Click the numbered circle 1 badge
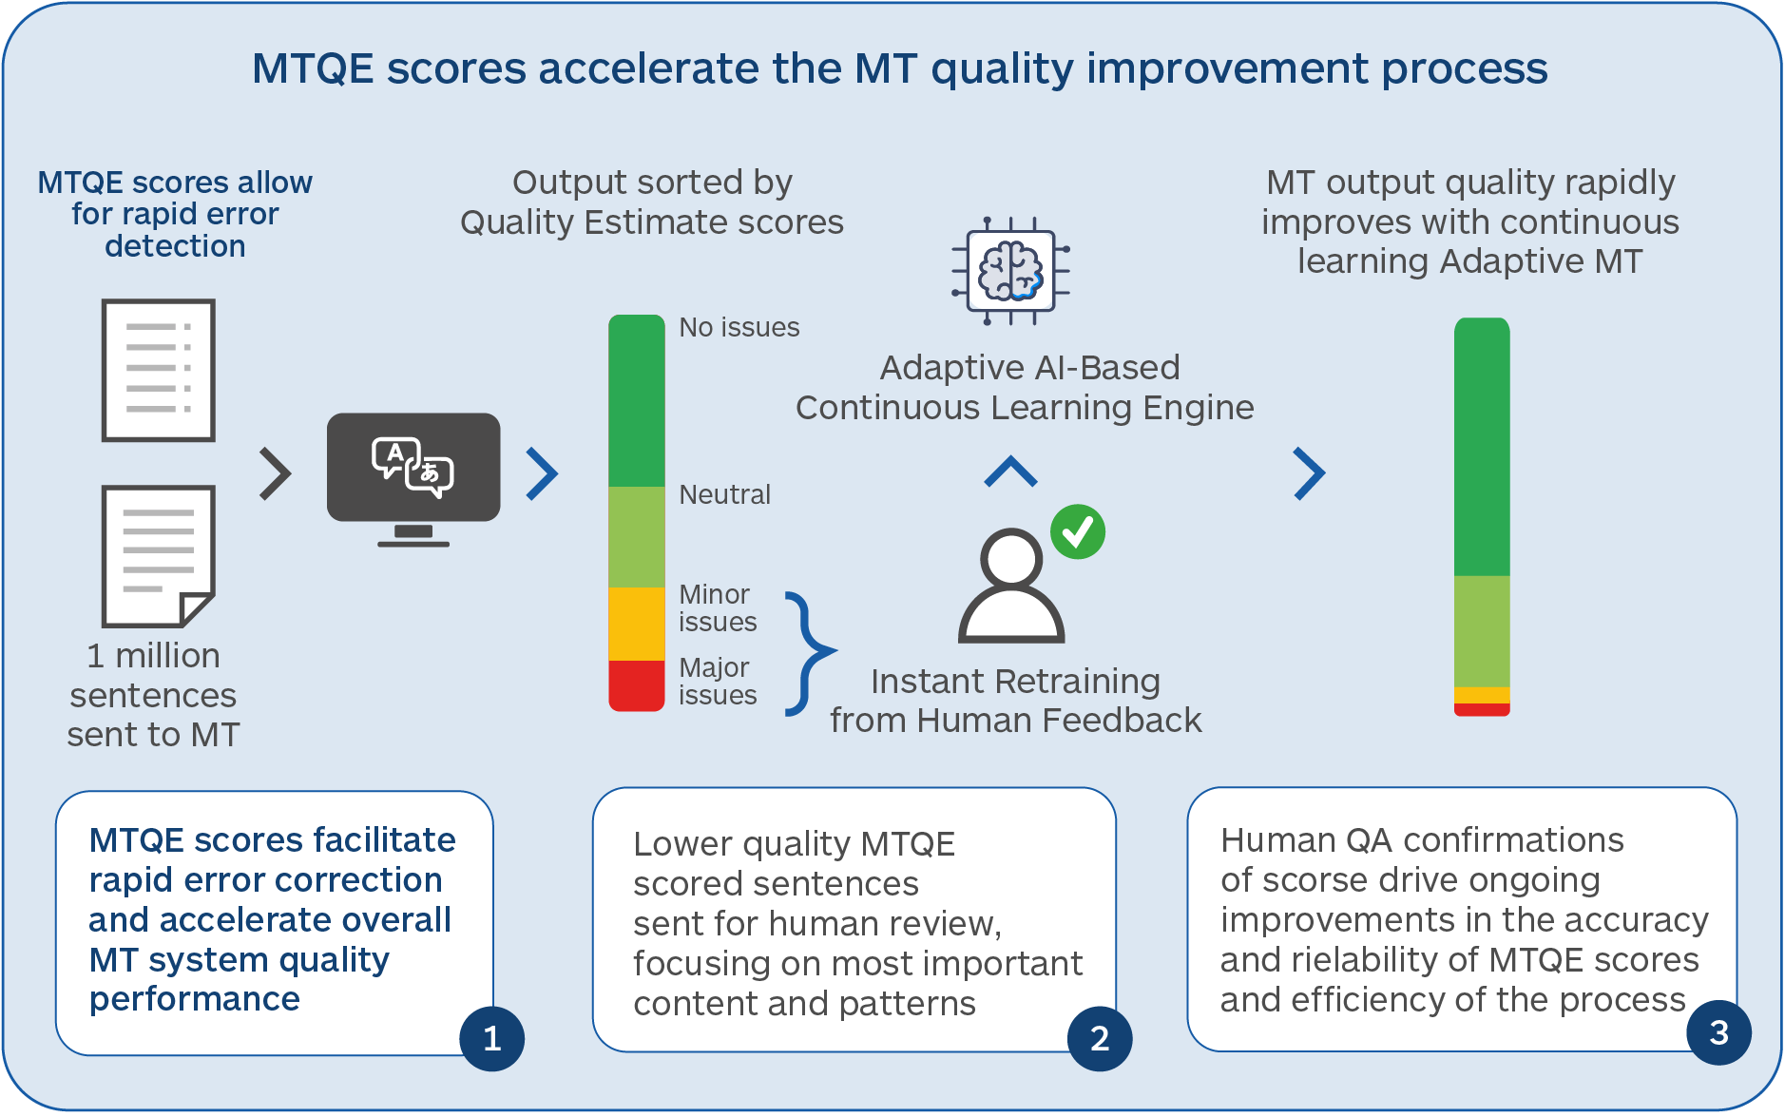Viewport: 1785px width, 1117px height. [491, 1038]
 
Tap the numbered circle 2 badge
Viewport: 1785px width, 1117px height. [1100, 1038]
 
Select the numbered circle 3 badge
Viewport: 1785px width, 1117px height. [1718, 1032]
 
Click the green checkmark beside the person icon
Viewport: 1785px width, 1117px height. [1078, 531]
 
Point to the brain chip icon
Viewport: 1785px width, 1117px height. [1011, 271]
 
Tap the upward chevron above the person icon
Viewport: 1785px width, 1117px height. [1010, 472]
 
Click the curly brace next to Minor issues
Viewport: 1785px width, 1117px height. [807, 653]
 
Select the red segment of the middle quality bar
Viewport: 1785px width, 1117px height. [636, 685]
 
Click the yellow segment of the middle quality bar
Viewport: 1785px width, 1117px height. [636, 624]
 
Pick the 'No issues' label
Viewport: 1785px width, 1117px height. [739, 327]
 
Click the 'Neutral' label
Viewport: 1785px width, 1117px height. [724, 494]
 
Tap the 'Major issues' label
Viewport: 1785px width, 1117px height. [717, 681]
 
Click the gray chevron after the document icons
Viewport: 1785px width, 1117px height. [275, 473]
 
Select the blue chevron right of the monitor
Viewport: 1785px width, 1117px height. [543, 473]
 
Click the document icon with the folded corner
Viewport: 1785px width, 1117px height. [158, 556]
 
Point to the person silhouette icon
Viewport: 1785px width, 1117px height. [1010, 586]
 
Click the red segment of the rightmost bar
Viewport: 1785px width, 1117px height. [1482, 709]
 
